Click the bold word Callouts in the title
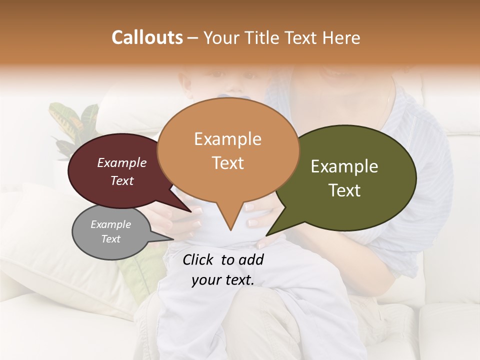[147, 37]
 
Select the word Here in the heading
[342, 37]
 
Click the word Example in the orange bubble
[227, 139]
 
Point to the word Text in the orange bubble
[227, 163]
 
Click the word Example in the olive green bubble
[344, 166]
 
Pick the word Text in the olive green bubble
[344, 190]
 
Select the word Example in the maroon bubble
[122, 163]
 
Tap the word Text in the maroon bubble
[122, 181]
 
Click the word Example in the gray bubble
[110, 224]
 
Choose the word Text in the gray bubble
[110, 239]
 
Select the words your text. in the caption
[222, 280]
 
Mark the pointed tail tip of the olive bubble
[267, 234]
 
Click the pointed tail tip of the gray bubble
[172, 238]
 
